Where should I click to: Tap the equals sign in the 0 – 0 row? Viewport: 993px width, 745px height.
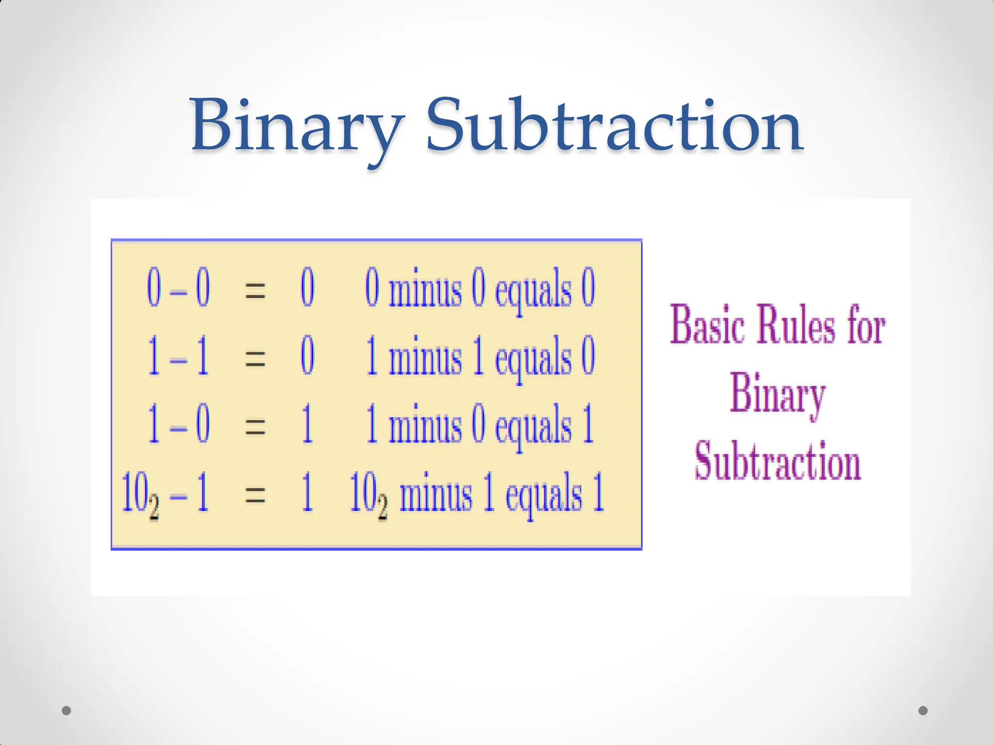click(255, 290)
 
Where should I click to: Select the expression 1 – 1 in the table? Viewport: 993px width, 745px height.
click(178, 358)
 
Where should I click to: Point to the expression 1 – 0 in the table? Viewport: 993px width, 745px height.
click(178, 426)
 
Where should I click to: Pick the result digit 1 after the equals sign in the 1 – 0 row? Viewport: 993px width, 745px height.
click(307, 426)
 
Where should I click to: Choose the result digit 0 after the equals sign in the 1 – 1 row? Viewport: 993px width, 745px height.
click(307, 358)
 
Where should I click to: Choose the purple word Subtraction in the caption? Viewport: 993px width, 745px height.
click(778, 462)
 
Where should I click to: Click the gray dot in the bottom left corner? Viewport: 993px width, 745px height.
click(67, 711)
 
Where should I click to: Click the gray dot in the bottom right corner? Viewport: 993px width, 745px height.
click(923, 711)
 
